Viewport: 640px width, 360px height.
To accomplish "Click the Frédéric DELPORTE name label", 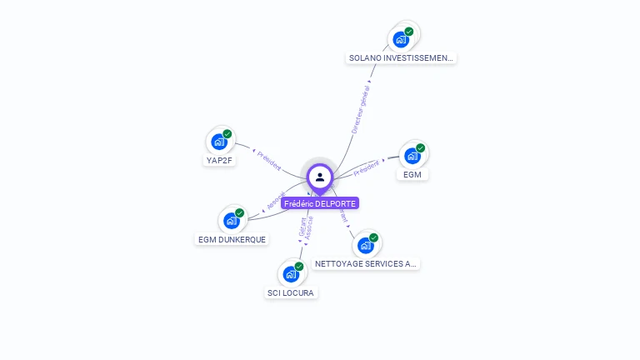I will [x=320, y=203].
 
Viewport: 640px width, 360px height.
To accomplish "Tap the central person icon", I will [x=320, y=177].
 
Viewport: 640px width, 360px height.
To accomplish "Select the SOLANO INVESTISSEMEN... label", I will [x=402, y=58].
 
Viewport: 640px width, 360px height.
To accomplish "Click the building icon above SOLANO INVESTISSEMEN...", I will [x=401, y=39].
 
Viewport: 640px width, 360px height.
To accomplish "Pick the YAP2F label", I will [x=219, y=160].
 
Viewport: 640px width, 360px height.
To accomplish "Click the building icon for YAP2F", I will [x=219, y=142].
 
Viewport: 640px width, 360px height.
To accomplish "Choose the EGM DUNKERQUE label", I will [x=232, y=239].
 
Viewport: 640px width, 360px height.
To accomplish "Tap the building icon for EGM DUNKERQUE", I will [x=231, y=221].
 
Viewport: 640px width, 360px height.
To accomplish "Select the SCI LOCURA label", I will [x=291, y=292].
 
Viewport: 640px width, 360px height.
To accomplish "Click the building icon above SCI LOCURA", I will [x=290, y=274].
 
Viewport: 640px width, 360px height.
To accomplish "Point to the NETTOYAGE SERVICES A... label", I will [x=366, y=263].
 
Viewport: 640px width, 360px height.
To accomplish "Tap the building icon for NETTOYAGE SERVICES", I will [x=365, y=245].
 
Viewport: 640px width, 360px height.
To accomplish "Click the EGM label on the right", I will [x=412, y=175].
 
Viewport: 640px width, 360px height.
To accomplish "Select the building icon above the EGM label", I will [x=412, y=156].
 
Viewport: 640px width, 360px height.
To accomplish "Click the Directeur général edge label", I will [x=360, y=109].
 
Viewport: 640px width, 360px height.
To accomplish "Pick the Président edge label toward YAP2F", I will [x=269, y=160].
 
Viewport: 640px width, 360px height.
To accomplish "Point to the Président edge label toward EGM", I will [x=367, y=169].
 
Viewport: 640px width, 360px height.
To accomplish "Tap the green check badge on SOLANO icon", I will [x=409, y=32].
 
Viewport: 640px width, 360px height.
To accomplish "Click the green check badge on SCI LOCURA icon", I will [x=299, y=267].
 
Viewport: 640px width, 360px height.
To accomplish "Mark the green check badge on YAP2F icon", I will [x=227, y=134].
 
